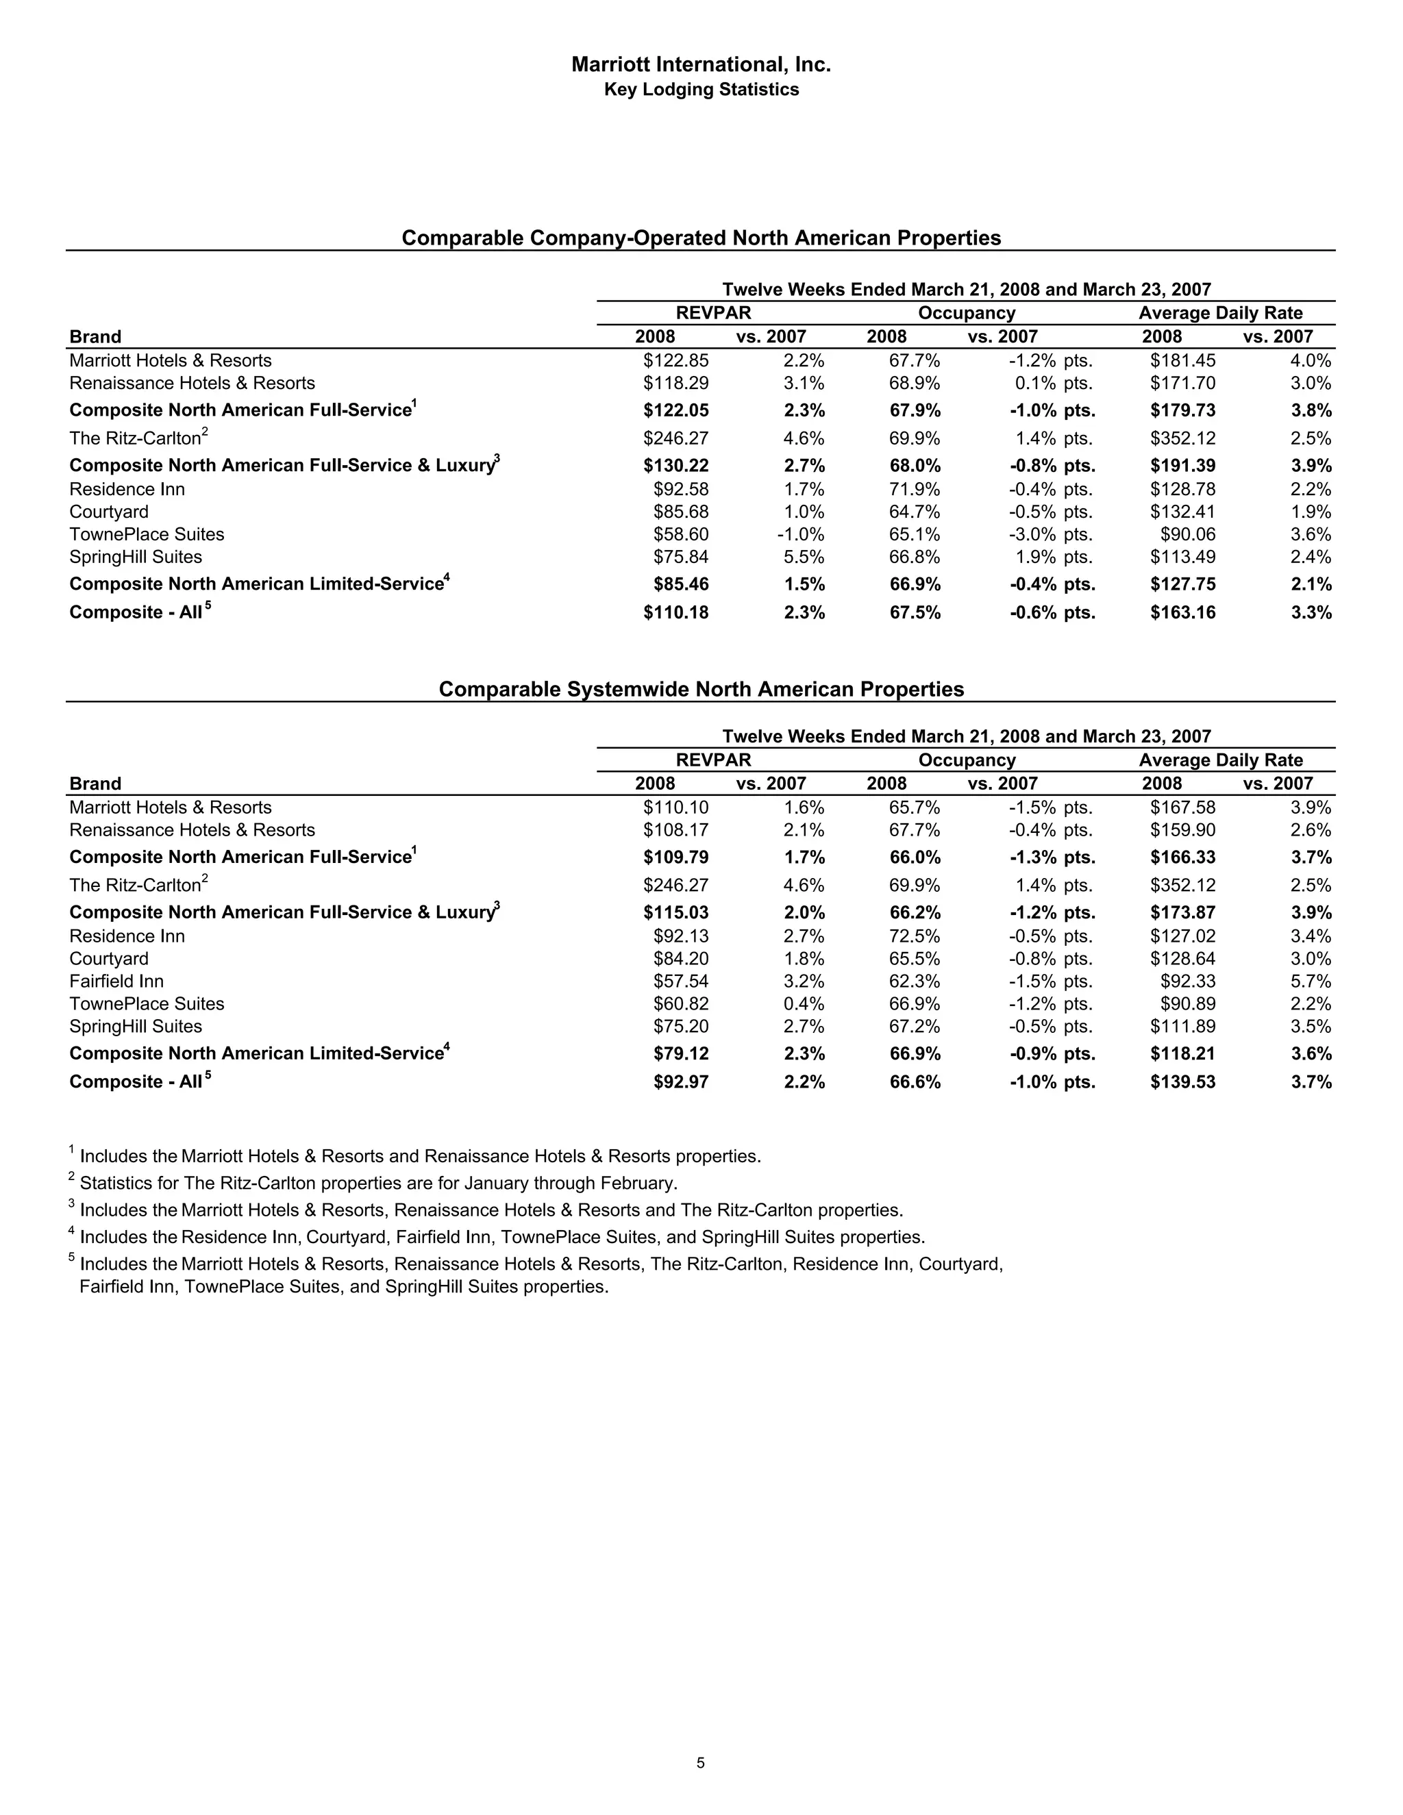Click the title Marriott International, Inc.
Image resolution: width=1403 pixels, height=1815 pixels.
[x=701, y=64]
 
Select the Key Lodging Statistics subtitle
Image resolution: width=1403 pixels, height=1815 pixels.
[x=701, y=90]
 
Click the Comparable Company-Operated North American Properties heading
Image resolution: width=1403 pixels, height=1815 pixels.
[x=701, y=238]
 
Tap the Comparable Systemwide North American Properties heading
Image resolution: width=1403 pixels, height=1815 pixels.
[x=701, y=689]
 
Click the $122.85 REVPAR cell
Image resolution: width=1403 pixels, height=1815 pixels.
[x=675, y=361]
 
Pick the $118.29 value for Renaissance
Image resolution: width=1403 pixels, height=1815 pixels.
[x=675, y=383]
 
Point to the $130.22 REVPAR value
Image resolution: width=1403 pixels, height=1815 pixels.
[x=675, y=465]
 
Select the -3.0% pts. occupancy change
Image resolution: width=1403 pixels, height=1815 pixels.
[x=1051, y=534]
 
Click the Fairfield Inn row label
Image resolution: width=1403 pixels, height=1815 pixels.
[x=116, y=981]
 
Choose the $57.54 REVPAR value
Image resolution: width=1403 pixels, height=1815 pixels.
[x=681, y=981]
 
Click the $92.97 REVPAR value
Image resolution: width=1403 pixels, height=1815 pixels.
[x=681, y=1082]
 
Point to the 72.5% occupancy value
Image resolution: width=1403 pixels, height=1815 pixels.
[x=915, y=936]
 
